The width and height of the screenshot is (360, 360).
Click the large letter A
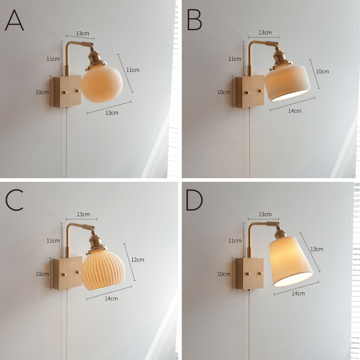14,21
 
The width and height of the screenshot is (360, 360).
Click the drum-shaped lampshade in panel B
288,82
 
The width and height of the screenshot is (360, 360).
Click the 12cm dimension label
138,260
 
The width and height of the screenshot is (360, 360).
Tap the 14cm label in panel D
298,293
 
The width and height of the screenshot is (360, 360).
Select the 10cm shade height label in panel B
322,72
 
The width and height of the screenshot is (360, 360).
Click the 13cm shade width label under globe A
112,113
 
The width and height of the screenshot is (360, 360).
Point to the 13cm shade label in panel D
317,249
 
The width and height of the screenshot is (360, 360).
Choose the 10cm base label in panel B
224,92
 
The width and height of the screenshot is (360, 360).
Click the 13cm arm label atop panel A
82,33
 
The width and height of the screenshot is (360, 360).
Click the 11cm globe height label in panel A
132,70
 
